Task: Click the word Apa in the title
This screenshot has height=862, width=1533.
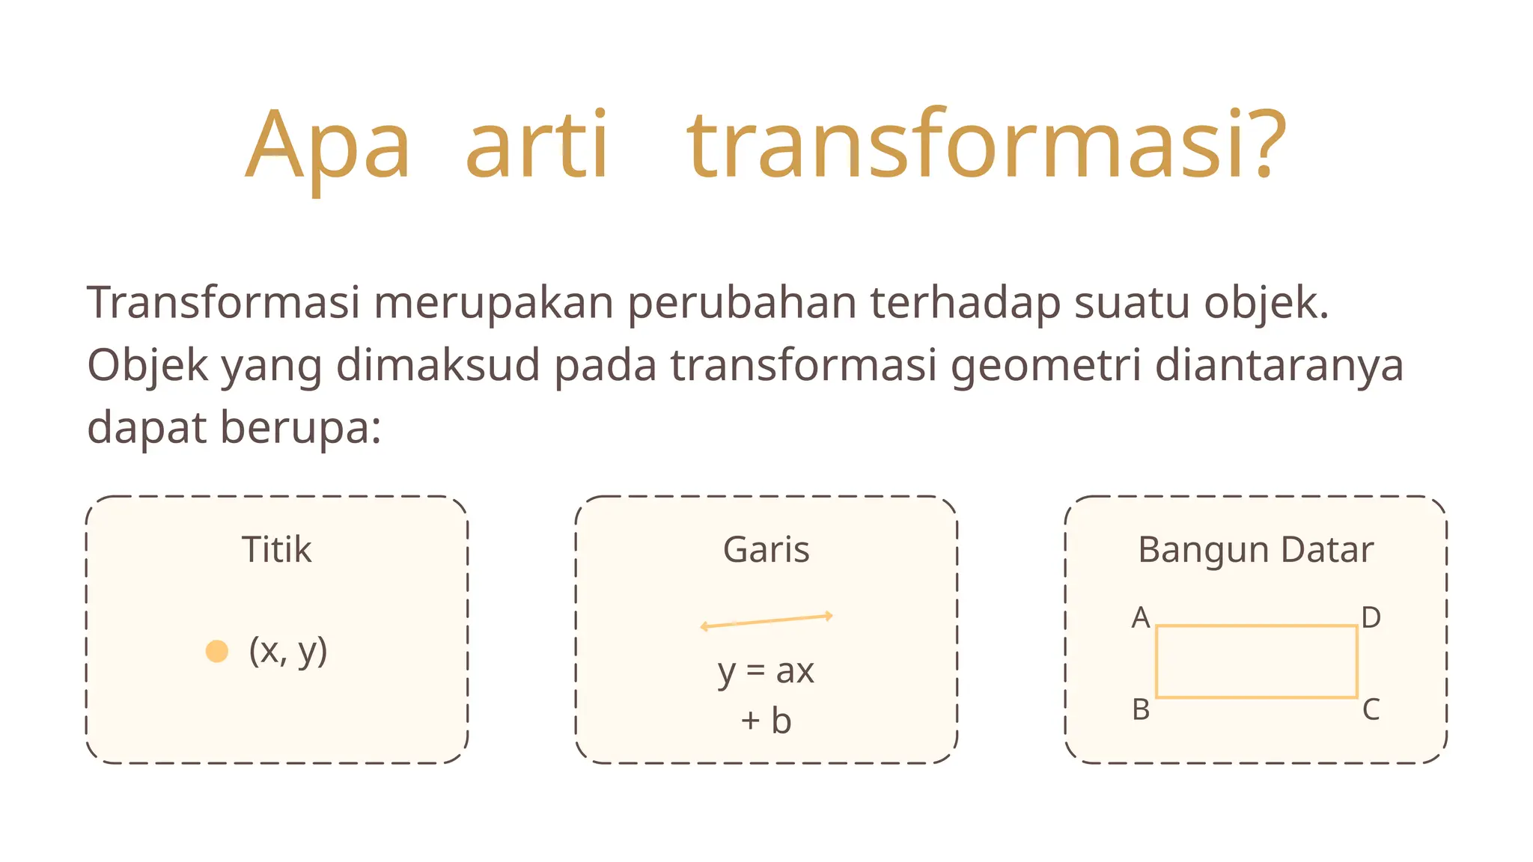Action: (328, 145)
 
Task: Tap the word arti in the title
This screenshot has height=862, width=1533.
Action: (537, 145)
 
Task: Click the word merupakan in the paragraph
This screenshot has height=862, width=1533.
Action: (493, 304)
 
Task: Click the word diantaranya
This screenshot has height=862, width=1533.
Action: (1278, 365)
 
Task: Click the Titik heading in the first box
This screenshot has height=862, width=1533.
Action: (276, 550)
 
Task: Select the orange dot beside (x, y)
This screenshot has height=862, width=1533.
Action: (217, 651)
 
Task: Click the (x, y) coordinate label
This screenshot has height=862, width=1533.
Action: (288, 651)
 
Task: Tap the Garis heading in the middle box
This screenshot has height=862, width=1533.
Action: (766, 550)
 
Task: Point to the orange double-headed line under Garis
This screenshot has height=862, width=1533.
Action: (766, 621)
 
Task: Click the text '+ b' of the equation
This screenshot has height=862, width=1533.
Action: (766, 721)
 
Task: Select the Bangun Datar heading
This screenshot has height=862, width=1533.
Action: (1255, 550)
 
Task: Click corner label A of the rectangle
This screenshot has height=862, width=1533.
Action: (1140, 618)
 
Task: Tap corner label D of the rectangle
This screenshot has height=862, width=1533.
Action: (1371, 618)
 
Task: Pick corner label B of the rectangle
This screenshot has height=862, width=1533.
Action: (1141, 709)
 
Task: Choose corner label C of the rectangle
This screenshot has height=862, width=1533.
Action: (1371, 709)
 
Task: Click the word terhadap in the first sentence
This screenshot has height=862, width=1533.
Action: (965, 304)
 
